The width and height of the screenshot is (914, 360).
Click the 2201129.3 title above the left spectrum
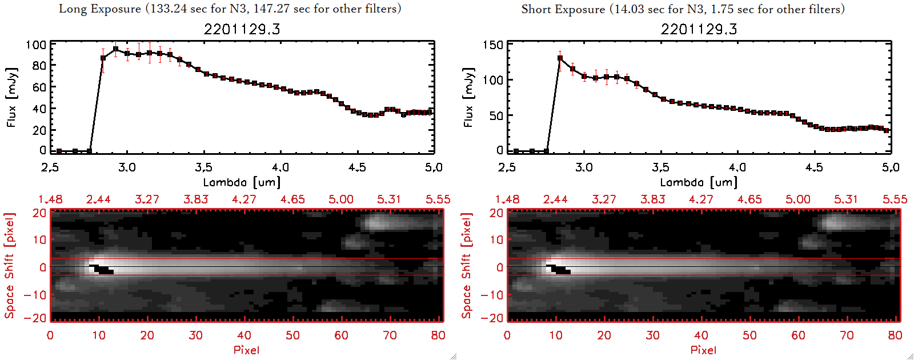coord(242,29)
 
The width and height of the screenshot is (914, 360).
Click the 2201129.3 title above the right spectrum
coord(699,29)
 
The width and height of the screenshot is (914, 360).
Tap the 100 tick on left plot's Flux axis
coord(36,45)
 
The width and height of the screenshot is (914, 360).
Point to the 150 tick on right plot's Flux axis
coord(493,45)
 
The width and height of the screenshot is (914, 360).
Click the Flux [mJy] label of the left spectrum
coord(12,97)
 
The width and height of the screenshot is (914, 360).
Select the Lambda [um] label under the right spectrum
coord(699,182)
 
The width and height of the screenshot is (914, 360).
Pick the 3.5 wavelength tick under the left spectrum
coord(203,167)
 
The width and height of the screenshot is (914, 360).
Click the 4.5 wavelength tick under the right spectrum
coord(814,167)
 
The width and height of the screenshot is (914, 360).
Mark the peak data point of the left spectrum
coord(115,49)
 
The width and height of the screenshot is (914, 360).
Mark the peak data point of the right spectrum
coord(560,58)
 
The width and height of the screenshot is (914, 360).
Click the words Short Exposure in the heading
coord(563,9)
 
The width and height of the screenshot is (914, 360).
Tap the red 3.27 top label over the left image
coord(147,199)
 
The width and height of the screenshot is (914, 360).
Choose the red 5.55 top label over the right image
coord(895,199)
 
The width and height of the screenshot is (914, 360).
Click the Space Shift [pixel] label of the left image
coord(9,266)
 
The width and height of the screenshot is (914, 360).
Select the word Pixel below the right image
coord(703,350)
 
